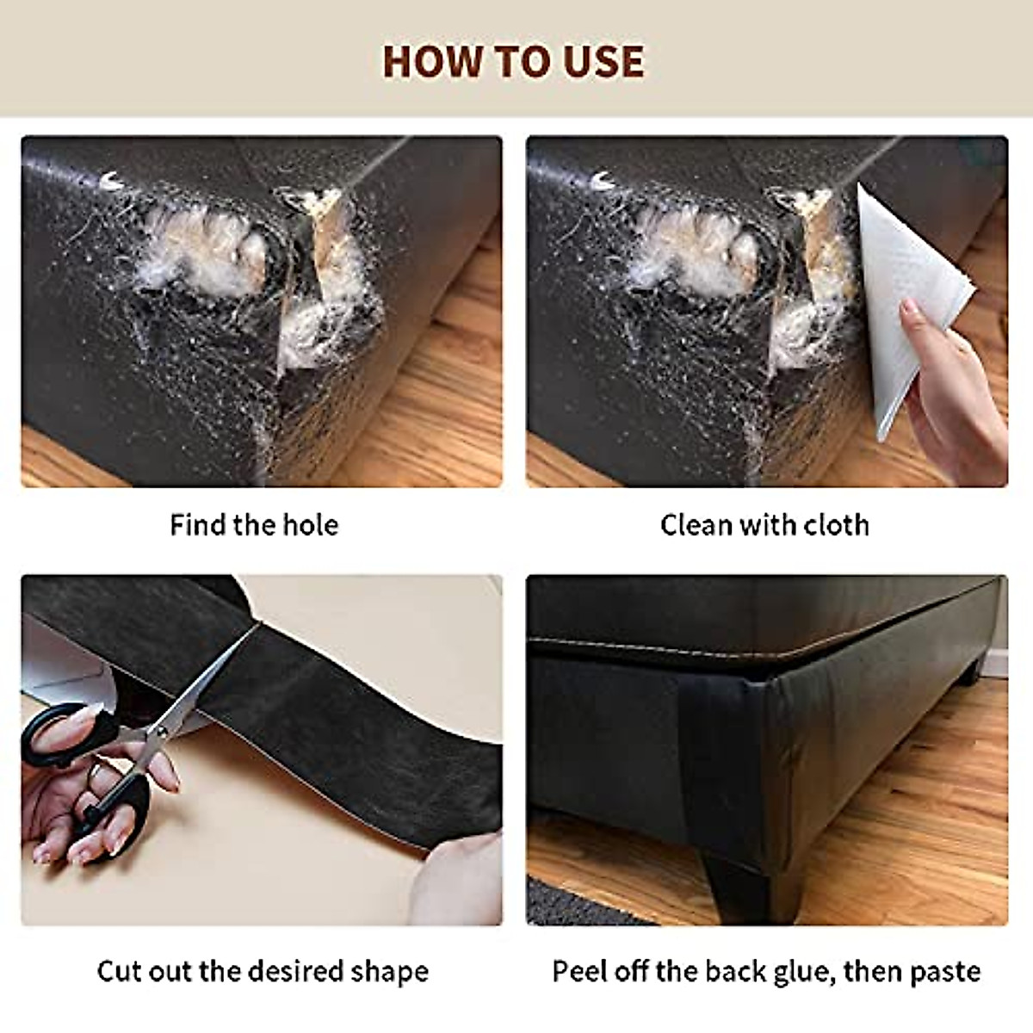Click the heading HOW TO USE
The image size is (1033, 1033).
point(513,62)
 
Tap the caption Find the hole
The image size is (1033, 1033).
point(254,525)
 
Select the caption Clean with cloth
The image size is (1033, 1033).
point(764,525)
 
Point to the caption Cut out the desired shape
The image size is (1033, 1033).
point(263,971)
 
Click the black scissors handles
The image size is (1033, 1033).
point(82,758)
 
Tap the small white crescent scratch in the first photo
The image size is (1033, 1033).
point(110,180)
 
